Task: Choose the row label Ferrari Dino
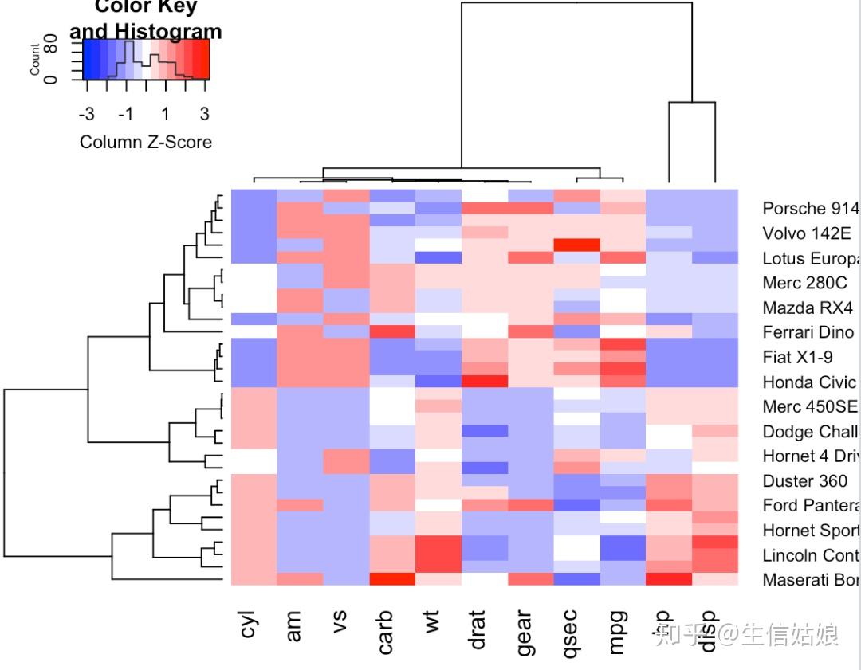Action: click(x=808, y=332)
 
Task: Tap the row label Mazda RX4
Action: click(x=807, y=308)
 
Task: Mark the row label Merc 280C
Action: click(x=804, y=283)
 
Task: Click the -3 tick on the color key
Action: click(x=87, y=114)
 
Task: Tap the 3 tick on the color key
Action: click(x=205, y=114)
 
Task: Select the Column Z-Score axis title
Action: click(x=146, y=143)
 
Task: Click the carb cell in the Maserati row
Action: click(x=392, y=579)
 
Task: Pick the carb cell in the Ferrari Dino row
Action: click(x=392, y=331)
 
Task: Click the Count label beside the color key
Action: click(x=34, y=59)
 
